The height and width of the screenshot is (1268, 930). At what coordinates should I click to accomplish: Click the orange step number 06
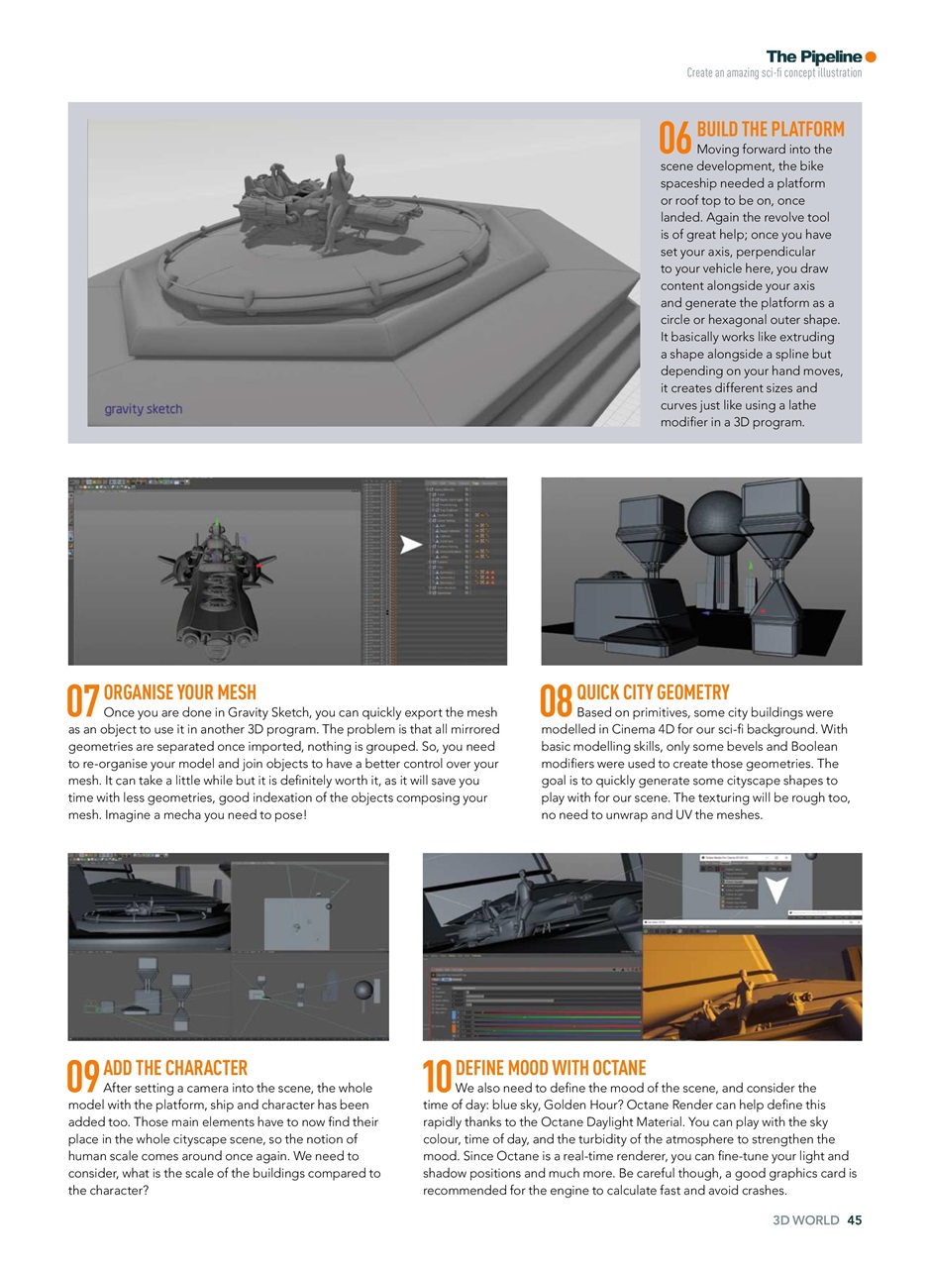(x=676, y=139)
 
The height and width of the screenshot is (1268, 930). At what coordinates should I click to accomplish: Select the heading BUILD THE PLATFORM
(x=771, y=130)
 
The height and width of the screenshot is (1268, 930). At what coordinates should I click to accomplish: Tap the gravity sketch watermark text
(x=144, y=409)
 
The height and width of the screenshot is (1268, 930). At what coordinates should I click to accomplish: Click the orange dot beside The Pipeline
(x=871, y=56)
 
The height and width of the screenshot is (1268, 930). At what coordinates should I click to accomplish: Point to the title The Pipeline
(x=813, y=56)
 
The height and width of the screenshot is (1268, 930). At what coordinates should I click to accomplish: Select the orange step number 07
(x=84, y=700)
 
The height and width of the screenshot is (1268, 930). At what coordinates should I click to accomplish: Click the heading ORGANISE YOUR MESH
(x=179, y=692)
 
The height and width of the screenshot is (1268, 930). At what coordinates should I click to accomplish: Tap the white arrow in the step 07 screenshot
(x=410, y=544)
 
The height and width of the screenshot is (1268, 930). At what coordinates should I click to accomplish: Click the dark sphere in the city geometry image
(x=713, y=518)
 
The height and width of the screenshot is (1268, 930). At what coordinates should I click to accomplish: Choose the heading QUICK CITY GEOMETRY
(x=653, y=692)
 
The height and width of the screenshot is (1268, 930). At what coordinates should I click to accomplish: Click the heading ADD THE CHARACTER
(x=175, y=1068)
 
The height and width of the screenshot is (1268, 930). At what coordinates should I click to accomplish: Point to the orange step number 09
(x=84, y=1077)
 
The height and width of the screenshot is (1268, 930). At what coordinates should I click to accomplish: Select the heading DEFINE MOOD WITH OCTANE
(x=550, y=1068)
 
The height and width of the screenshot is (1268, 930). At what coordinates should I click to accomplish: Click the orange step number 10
(x=437, y=1077)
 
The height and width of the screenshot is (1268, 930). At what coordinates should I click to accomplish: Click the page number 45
(x=854, y=1220)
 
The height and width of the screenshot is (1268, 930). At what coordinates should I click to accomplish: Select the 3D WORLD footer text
(x=805, y=1220)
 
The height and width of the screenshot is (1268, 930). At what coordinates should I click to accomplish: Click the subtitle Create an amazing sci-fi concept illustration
(x=774, y=73)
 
